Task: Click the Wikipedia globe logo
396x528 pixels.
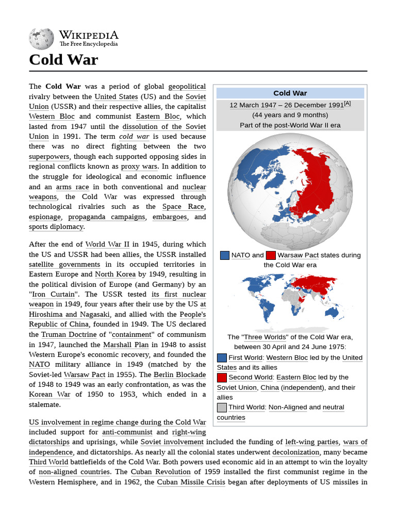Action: point(41,39)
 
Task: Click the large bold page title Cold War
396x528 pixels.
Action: point(63,60)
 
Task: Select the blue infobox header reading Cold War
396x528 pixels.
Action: point(290,93)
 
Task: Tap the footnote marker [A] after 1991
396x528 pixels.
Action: point(347,104)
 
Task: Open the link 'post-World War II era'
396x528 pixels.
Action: point(307,125)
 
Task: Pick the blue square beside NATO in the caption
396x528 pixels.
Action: point(224,255)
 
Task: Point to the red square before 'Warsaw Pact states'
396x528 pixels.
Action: point(271,255)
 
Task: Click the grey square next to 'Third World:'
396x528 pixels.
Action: point(222,407)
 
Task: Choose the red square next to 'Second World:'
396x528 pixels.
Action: point(222,377)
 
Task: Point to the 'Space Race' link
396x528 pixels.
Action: point(183,207)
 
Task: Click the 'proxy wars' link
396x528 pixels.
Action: point(139,167)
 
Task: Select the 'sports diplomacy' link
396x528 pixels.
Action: point(56,227)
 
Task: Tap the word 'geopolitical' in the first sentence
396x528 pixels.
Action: point(187,87)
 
